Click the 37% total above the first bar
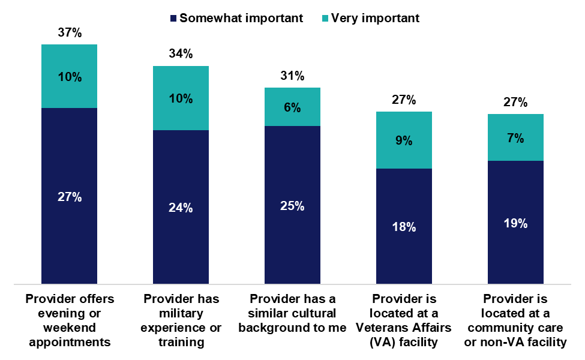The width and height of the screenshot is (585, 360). click(69, 32)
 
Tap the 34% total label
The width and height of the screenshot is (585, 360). click(181, 54)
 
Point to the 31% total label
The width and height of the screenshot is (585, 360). click(293, 76)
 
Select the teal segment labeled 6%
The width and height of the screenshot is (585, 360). click(293, 107)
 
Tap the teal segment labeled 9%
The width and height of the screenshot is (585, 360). click(404, 140)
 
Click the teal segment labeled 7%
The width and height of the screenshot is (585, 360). click(515, 137)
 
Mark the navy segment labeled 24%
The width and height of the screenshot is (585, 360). click(181, 207)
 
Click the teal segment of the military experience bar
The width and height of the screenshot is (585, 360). click(181, 98)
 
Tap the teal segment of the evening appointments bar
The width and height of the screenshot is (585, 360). click(69, 76)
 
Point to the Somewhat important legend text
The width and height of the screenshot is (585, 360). click(241, 18)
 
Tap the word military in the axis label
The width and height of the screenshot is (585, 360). click(181, 313)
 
